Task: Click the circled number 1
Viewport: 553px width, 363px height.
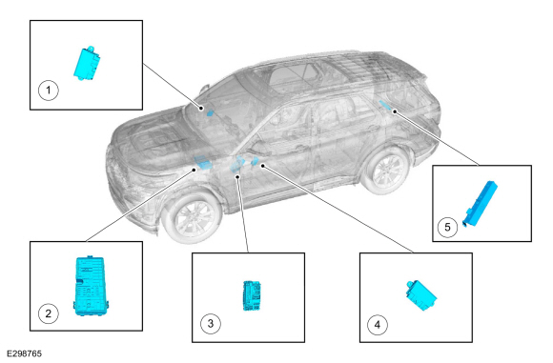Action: (49, 91)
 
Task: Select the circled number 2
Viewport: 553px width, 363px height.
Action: (49, 313)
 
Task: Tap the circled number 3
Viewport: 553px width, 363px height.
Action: (211, 324)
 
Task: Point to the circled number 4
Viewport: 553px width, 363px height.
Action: (378, 325)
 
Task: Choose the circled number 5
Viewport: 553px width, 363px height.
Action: (447, 227)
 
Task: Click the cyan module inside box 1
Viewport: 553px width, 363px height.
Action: (87, 64)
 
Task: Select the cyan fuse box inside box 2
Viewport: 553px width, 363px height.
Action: (91, 286)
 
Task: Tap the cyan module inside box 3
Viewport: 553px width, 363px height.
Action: (252, 295)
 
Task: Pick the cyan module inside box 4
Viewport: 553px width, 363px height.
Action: (421, 295)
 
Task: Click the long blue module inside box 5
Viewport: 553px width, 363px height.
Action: (481, 204)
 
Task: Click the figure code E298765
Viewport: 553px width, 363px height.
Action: (25, 353)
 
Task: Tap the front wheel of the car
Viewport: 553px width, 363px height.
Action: (194, 217)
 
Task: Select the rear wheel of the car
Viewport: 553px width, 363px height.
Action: (386, 171)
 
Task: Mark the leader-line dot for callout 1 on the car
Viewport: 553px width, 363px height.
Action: (201, 109)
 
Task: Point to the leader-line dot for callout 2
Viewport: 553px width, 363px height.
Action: (194, 170)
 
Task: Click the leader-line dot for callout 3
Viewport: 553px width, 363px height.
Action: (238, 176)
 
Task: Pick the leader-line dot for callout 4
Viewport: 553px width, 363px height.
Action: (263, 165)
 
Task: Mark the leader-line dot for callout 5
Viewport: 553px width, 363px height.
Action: (395, 111)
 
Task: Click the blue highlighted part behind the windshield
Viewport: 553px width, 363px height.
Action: (210, 113)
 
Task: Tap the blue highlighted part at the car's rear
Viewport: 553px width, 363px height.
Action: (385, 105)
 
